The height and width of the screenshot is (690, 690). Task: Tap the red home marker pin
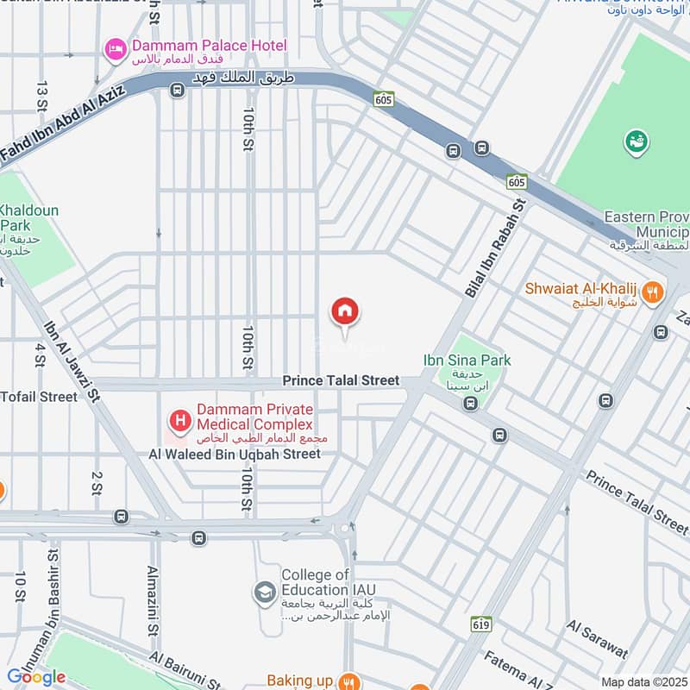pos(345,312)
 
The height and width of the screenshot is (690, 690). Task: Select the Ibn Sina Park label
pos(467,360)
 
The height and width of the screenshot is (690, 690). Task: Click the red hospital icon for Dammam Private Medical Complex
pos(179,421)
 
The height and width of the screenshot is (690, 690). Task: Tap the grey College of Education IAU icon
pos(264,593)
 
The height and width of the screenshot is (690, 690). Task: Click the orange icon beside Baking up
pos(348,681)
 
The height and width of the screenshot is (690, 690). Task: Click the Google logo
pos(36,677)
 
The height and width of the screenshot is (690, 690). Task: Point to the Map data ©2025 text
pos(643,682)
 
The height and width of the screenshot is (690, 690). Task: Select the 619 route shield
pos(481,623)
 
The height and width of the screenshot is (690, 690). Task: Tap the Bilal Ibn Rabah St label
pos(495,248)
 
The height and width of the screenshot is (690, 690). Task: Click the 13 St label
pos(41,97)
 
